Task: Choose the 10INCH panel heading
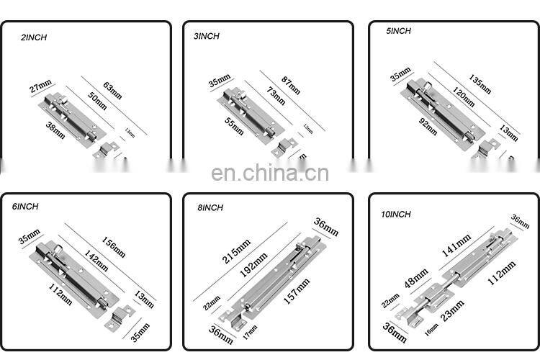tap(395, 214)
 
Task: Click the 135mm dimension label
tap(480, 84)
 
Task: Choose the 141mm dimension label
tap(456, 246)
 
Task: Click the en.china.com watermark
tap(270, 174)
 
